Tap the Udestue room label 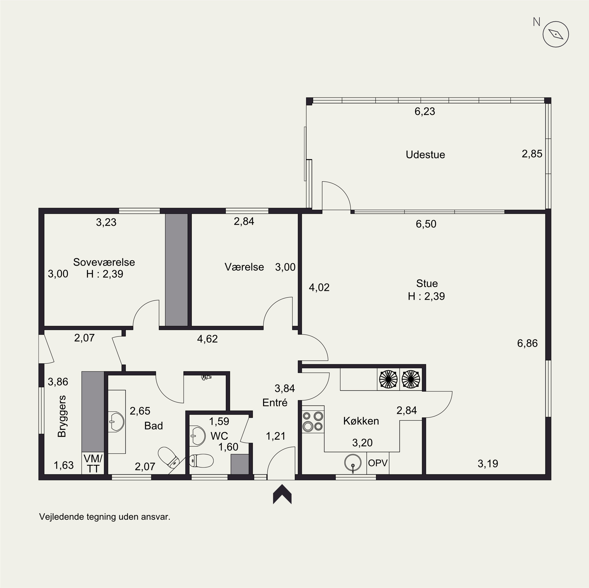pyautogui.click(x=425, y=154)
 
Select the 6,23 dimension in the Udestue pyautogui.click(x=425, y=111)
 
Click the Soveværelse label pyautogui.click(x=104, y=262)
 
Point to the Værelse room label pyautogui.click(x=244, y=267)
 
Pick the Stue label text pyautogui.click(x=427, y=283)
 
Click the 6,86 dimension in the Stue pyautogui.click(x=527, y=343)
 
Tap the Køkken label pyautogui.click(x=361, y=421)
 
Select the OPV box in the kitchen pyautogui.click(x=378, y=463)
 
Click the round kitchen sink pyautogui.click(x=353, y=463)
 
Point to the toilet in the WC pyautogui.click(x=201, y=461)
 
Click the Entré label pyautogui.click(x=275, y=403)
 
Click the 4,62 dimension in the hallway pyautogui.click(x=207, y=339)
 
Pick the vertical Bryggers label pyautogui.click(x=62, y=416)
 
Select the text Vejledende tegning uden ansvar pyautogui.click(x=105, y=517)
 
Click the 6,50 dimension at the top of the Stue pyautogui.click(x=426, y=224)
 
